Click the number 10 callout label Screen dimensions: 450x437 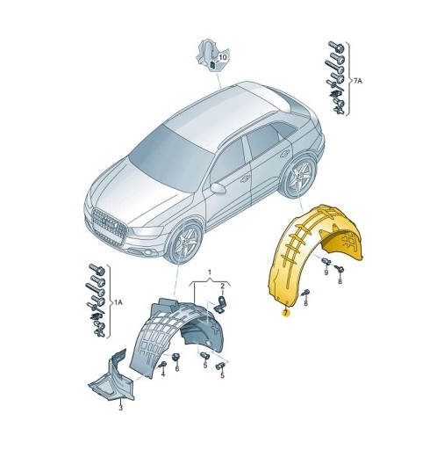click(x=222, y=57)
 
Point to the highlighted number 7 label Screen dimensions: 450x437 click(x=284, y=313)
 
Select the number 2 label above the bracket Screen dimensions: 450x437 click(x=223, y=287)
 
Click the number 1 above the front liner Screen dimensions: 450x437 click(x=210, y=272)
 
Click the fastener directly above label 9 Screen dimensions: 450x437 click(x=325, y=261)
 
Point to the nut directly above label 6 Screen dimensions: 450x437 click(x=176, y=355)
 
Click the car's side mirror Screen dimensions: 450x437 click(x=218, y=187)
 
